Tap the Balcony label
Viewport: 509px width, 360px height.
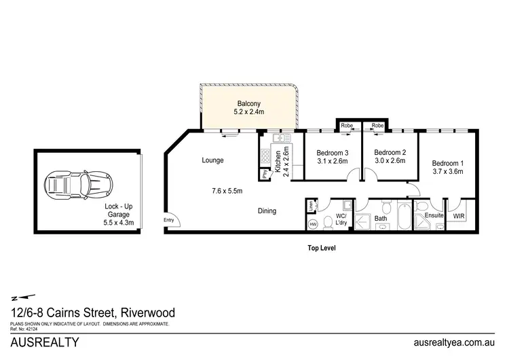coord(249,103)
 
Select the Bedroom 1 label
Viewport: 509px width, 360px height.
coord(448,164)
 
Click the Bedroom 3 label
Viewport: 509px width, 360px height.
coord(333,152)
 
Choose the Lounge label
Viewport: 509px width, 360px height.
coord(212,160)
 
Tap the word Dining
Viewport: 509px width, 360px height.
coord(267,211)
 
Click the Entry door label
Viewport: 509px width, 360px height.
coord(168,219)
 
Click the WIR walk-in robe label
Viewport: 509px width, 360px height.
coord(459,216)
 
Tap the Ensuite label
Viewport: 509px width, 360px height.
coord(434,215)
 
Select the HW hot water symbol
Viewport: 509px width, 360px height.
coord(313,223)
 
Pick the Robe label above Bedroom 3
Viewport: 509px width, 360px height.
coord(347,126)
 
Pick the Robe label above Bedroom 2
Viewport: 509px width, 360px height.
coord(377,126)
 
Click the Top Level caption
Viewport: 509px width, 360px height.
coord(321,248)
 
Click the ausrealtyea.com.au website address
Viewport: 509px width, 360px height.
coord(453,343)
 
